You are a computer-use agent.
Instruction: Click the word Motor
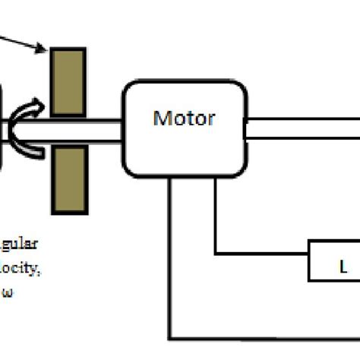[x=184, y=118]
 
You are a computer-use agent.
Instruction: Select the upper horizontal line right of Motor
[x=304, y=119]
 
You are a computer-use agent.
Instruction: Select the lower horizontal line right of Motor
[x=304, y=138]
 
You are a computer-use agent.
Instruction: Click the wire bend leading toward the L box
[x=216, y=252]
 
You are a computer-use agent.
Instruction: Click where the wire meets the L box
[x=308, y=252]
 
